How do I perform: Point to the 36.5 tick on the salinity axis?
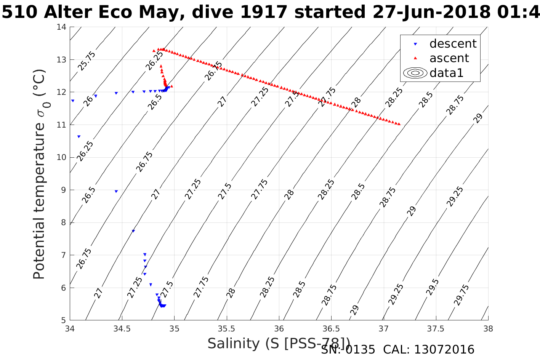(x=331, y=328)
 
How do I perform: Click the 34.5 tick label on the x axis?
(x=122, y=328)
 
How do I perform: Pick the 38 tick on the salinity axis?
(x=488, y=328)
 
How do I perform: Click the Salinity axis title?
(x=279, y=343)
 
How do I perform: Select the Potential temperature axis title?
(x=40, y=174)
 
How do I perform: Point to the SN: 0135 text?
(x=348, y=350)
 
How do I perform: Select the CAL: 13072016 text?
(x=429, y=350)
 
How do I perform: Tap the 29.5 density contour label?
(x=433, y=287)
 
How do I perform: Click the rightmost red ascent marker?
(x=399, y=124)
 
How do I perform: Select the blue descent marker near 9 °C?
(x=116, y=191)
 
